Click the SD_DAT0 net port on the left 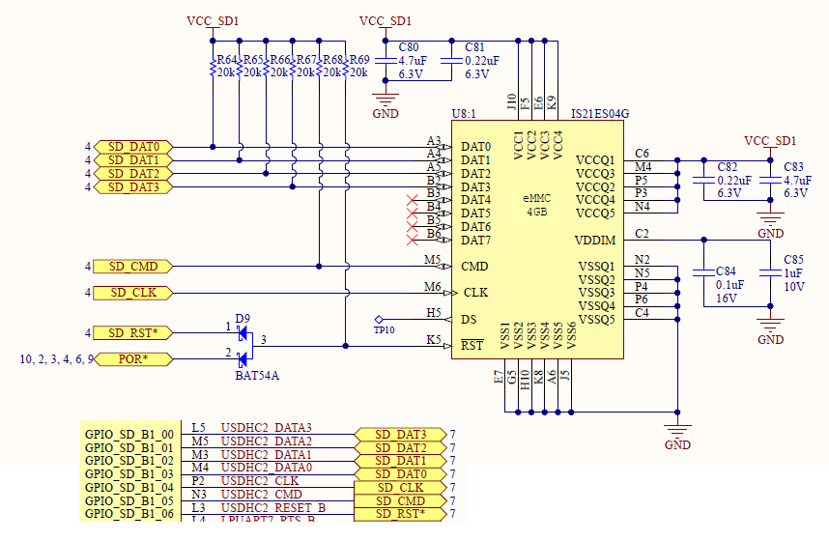point(133,147)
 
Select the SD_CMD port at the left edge point(133,266)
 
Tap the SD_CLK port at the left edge point(133,293)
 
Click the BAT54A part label point(257,376)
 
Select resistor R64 point(213,66)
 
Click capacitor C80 point(386,60)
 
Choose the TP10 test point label point(384,330)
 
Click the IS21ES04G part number point(600,113)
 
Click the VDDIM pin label point(595,240)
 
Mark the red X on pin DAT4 point(413,201)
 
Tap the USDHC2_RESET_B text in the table point(273,507)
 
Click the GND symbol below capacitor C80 point(386,100)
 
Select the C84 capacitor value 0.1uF point(729,285)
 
